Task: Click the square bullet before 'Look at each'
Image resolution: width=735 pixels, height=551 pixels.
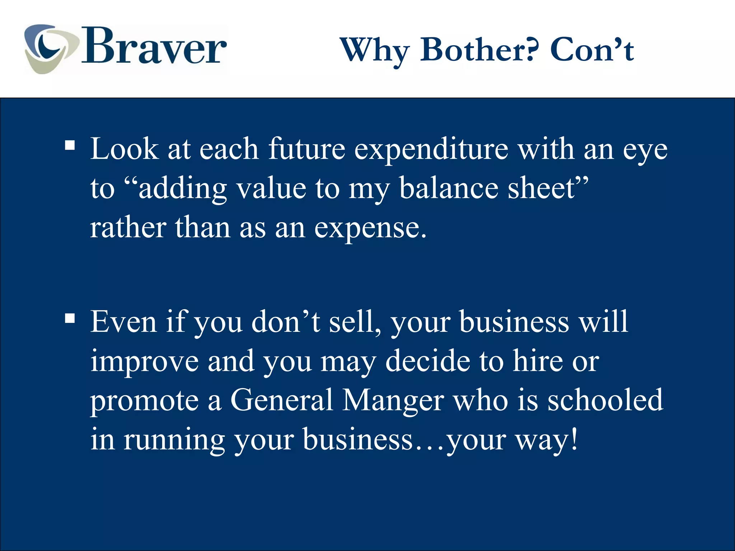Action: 70,146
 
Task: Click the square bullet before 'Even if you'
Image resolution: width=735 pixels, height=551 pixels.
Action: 70,318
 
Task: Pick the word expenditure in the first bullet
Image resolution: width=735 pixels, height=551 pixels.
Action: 431,149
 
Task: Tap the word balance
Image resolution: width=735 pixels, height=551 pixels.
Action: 449,188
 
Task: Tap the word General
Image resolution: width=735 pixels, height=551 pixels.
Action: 282,400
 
